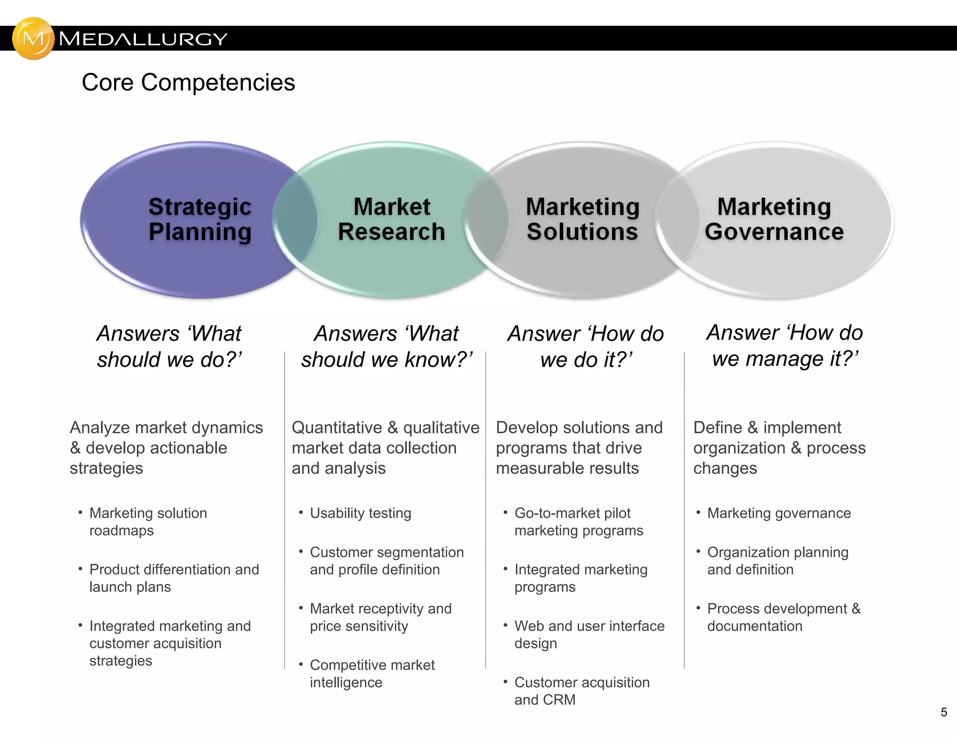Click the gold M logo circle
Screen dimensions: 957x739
pyautogui.click(x=33, y=38)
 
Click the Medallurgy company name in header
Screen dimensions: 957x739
pyautogui.click(x=143, y=39)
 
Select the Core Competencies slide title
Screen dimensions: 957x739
pyautogui.click(x=188, y=82)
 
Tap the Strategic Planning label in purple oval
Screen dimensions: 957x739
pyautogui.click(x=200, y=219)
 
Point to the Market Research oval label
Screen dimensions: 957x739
pyautogui.click(x=392, y=219)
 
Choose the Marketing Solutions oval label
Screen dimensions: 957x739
pyautogui.click(x=582, y=219)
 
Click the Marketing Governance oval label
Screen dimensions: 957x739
pyautogui.click(x=774, y=219)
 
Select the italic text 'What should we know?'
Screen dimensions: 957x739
pyautogui.click(x=387, y=347)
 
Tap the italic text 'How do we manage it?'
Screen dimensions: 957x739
pyautogui.click(x=785, y=346)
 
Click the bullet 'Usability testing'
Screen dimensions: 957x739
pyautogui.click(x=360, y=513)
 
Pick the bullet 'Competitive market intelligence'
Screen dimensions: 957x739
pyautogui.click(x=372, y=673)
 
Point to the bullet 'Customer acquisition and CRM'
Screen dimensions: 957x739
pyautogui.click(x=582, y=691)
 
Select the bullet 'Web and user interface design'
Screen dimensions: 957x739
pyautogui.click(x=589, y=634)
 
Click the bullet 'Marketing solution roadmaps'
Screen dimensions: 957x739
pyautogui.click(x=148, y=521)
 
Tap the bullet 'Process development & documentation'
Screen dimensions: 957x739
pyautogui.click(x=783, y=617)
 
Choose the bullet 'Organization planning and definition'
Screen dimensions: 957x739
pyautogui.click(x=778, y=561)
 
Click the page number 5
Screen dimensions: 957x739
pyautogui.click(x=943, y=712)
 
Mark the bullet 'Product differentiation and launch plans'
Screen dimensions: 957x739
pyautogui.click(x=174, y=578)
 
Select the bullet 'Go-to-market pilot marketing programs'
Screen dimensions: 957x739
pyautogui.click(x=578, y=521)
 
